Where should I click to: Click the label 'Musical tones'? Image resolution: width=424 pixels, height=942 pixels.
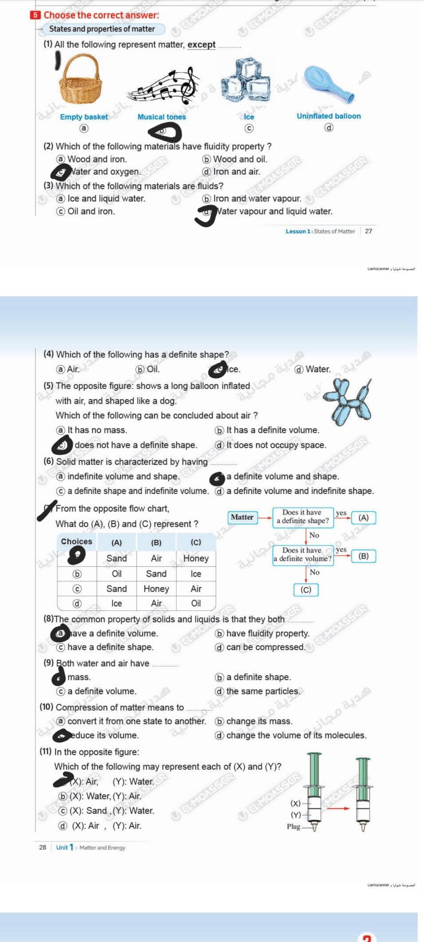162,117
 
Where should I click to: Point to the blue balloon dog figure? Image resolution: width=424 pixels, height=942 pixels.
347,402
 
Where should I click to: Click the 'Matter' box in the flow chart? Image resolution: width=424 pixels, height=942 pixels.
242,517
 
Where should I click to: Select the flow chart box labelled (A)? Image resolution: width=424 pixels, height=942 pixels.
364,518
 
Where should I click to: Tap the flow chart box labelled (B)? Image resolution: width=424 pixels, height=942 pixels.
364,556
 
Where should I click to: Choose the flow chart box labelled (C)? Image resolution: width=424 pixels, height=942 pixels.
306,590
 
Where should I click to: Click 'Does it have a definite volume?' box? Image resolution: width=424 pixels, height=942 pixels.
303,555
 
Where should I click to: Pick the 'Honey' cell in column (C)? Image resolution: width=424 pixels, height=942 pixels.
196,559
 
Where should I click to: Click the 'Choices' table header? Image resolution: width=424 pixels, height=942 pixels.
77,542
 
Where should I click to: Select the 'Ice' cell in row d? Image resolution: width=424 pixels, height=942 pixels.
117,603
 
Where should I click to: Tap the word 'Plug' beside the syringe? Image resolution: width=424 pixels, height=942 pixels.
293,827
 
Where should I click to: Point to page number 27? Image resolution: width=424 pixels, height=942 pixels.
368,231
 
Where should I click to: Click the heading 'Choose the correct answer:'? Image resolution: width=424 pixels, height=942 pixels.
101,15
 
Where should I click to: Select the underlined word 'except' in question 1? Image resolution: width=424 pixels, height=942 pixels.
201,45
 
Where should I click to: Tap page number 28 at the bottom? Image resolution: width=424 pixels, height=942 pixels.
43,847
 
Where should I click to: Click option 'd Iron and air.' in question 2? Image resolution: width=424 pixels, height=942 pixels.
232,172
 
